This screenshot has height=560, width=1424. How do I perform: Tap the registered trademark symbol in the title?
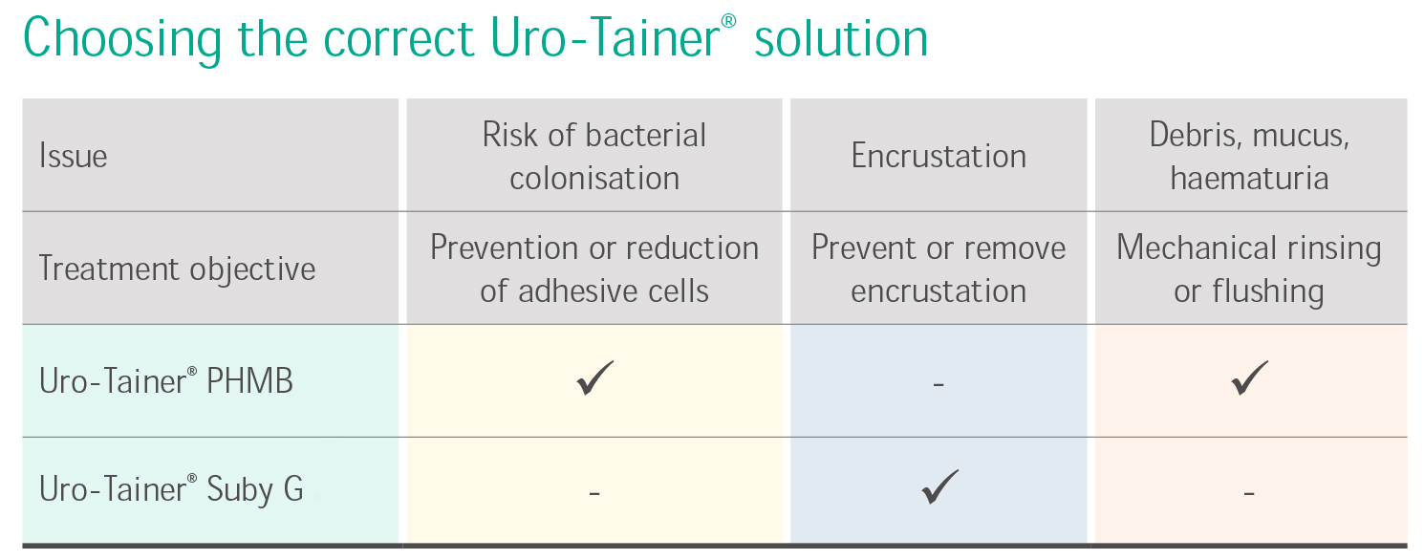728,22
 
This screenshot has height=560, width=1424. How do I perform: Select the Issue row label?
74,156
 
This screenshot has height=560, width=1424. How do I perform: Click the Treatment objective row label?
177,269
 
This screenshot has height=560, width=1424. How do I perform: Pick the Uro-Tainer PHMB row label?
166,381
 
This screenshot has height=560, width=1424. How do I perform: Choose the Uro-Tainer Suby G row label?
171,489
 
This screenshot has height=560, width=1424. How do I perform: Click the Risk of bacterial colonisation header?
593,156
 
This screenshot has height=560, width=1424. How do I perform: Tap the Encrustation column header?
939,156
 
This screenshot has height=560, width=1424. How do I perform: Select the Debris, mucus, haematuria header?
1249,156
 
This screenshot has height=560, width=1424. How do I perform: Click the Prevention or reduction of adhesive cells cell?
593,269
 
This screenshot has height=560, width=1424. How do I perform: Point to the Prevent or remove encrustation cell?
939,269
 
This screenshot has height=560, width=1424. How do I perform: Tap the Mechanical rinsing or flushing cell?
1249,269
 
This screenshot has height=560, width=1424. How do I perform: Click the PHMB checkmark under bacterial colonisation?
594,378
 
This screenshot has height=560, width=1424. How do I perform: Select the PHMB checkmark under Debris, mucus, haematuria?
1249,378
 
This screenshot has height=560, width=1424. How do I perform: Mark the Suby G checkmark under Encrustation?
939,487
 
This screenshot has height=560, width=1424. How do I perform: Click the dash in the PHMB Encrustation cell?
939,384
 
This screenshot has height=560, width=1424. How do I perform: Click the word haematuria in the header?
1249,179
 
